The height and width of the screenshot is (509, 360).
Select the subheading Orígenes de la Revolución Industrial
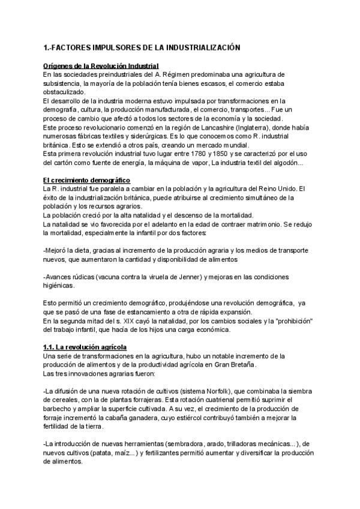click(x=101, y=65)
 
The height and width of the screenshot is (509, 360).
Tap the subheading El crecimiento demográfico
click(x=86, y=181)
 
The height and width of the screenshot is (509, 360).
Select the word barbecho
click(x=59, y=409)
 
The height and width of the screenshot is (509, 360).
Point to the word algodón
click(x=290, y=162)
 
